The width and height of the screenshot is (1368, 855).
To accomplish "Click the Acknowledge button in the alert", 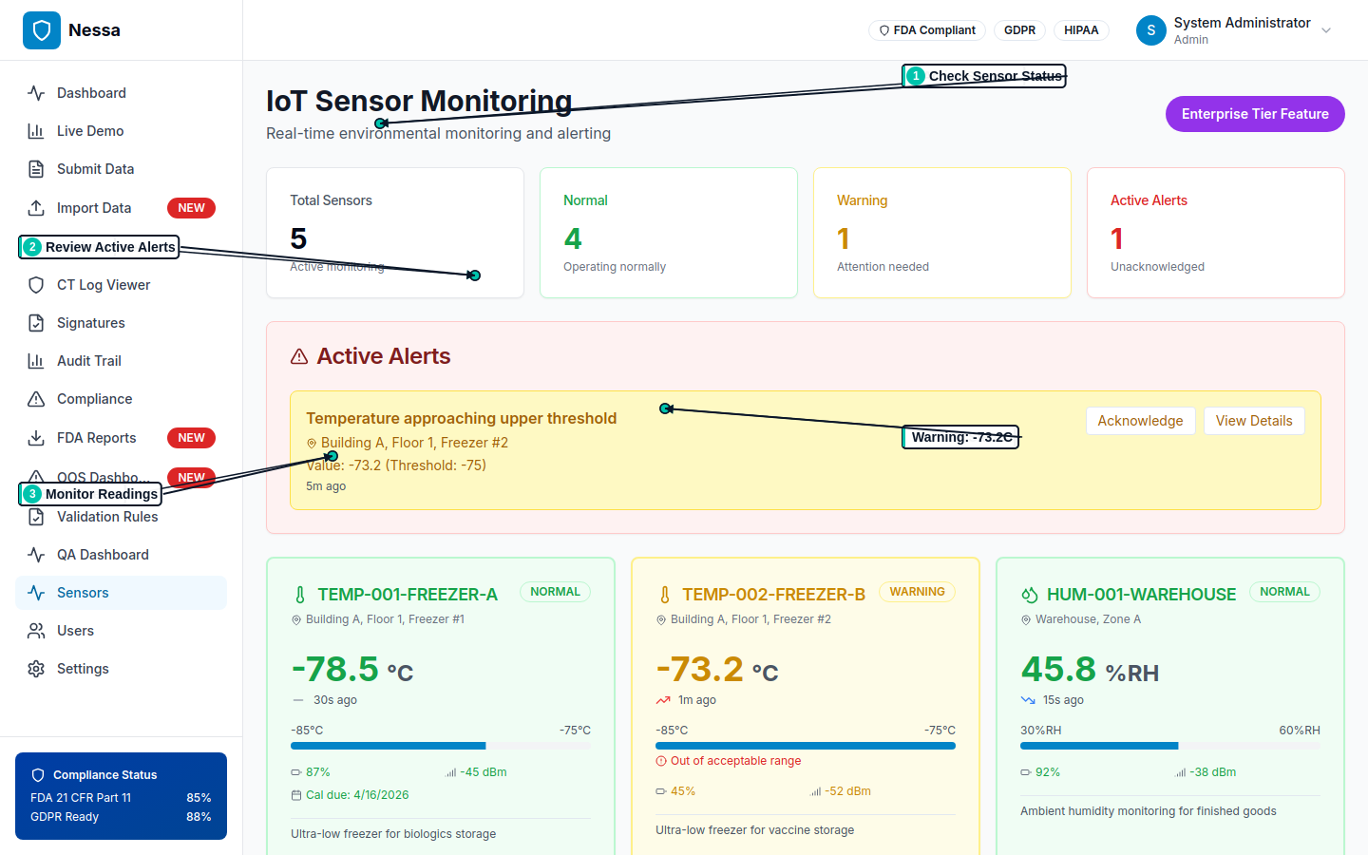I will point(1140,421).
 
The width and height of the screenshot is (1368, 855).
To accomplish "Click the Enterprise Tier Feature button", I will point(1254,114).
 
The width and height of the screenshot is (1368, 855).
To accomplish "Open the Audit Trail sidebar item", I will point(88,361).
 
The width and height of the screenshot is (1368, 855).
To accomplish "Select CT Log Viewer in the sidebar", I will point(103,285).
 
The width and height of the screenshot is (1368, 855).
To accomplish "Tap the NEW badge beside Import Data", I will point(191,208).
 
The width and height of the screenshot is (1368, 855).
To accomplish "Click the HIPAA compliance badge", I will point(1080,30).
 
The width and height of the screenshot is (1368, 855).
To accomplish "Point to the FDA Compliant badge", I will point(926,30).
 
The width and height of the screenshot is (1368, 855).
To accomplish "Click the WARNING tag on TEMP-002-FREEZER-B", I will point(917,592).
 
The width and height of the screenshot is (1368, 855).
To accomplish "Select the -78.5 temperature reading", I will point(335,669).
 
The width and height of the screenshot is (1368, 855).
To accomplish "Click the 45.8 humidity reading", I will point(1058,669).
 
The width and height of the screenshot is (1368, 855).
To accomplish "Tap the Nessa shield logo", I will point(41,30).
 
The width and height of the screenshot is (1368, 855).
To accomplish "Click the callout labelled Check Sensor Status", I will point(984,76).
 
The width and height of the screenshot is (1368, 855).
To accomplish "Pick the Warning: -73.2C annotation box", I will point(960,437).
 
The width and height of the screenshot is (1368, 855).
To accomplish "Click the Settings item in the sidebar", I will point(83,669).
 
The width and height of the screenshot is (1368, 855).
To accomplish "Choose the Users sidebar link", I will point(75,631).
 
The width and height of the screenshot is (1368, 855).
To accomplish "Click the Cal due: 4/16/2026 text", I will point(356,795).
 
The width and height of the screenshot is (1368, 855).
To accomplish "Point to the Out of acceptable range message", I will point(735,761).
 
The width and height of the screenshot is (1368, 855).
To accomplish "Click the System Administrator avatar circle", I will point(1150,30).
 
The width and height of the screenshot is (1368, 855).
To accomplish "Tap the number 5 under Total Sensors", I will point(298,238).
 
